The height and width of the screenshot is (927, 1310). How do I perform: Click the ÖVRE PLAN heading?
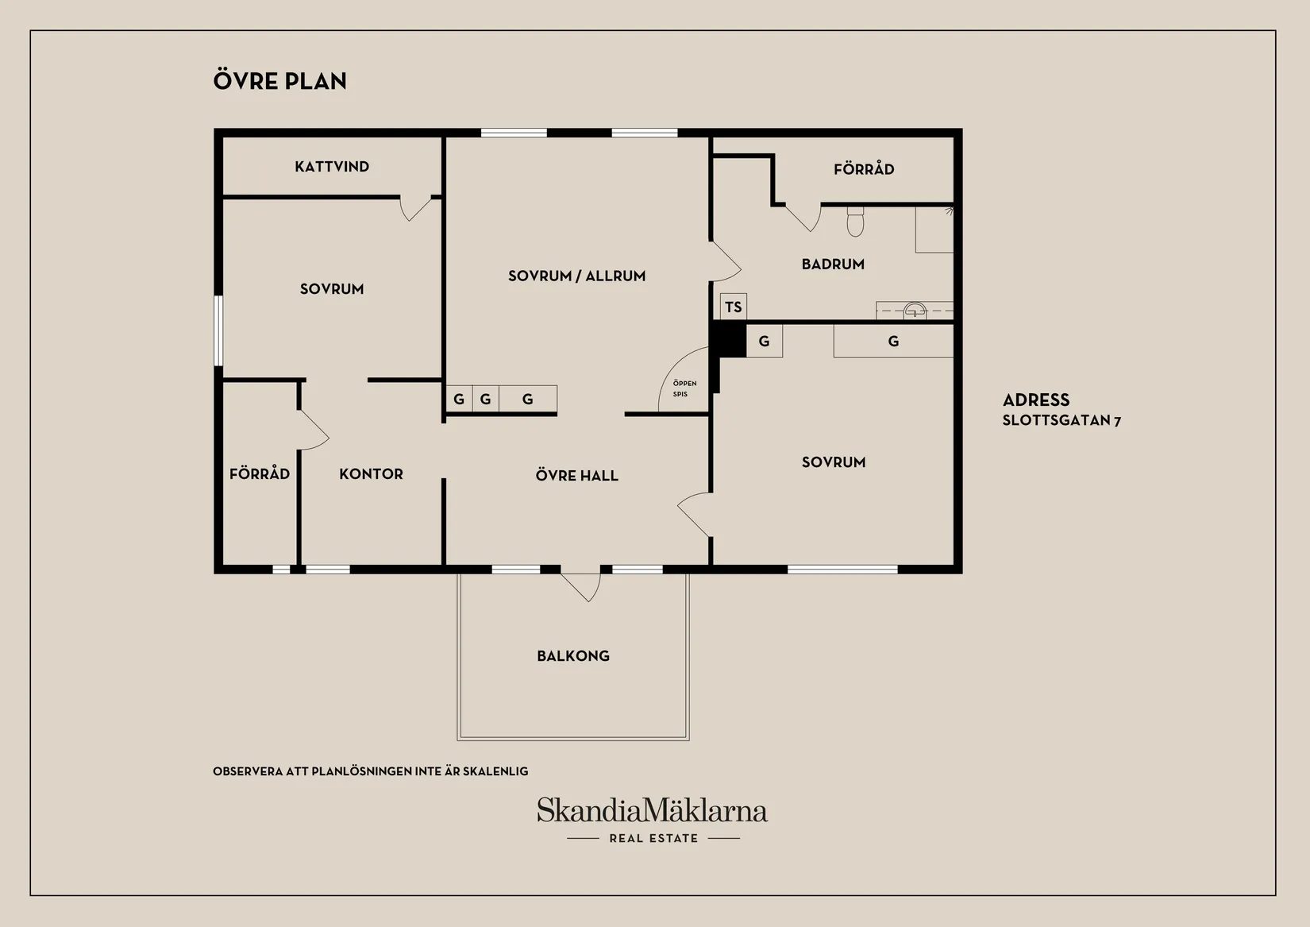(x=279, y=81)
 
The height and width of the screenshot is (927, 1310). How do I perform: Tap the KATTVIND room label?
(x=332, y=167)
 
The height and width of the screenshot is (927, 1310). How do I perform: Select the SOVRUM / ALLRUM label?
(x=576, y=276)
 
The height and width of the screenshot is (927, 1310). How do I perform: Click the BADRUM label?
(x=833, y=265)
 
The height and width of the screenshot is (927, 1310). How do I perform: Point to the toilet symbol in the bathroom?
(x=855, y=222)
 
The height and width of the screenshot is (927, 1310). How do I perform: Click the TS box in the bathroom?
(x=733, y=307)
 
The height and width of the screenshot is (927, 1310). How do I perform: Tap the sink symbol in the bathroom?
(x=915, y=310)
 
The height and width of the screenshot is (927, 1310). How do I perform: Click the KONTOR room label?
(x=371, y=474)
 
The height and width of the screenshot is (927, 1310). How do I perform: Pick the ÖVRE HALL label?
(x=576, y=476)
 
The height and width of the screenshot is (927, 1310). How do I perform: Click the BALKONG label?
(x=573, y=656)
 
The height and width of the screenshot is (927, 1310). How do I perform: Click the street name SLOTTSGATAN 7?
(x=1061, y=421)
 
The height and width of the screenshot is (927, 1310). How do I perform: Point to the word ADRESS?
(x=1035, y=400)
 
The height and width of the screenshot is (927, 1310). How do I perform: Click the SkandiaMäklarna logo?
(x=652, y=811)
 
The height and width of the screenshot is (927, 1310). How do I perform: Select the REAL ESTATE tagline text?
(x=653, y=838)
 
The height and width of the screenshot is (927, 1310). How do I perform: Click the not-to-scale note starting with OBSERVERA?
(x=370, y=771)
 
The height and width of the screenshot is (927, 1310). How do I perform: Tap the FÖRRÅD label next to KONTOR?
(x=260, y=474)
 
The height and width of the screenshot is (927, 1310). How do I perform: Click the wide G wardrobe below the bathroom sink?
(x=893, y=342)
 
